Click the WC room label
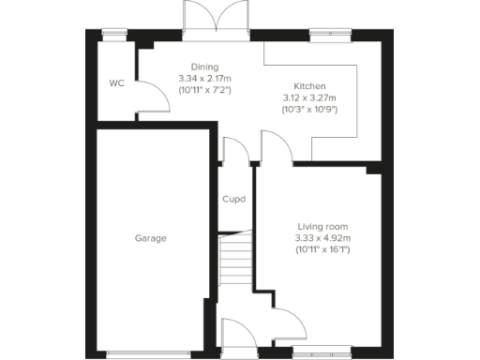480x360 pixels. click(x=116, y=83)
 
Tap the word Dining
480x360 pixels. click(x=204, y=67)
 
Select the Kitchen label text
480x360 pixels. click(x=309, y=85)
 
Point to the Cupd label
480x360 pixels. click(x=233, y=199)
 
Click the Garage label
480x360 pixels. click(x=149, y=238)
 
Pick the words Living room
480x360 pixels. click(x=322, y=227)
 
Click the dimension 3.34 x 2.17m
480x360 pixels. click(x=204, y=79)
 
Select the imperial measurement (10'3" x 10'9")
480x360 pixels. click(x=309, y=109)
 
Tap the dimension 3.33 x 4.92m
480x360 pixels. click(x=322, y=238)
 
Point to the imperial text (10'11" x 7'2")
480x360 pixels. click(x=204, y=91)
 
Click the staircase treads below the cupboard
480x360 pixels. click(x=237, y=261)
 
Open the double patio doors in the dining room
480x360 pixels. click(x=217, y=17)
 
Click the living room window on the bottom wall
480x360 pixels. click(x=322, y=353)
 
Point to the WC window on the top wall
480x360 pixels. click(x=114, y=35)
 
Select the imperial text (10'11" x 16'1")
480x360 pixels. click(x=322, y=250)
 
